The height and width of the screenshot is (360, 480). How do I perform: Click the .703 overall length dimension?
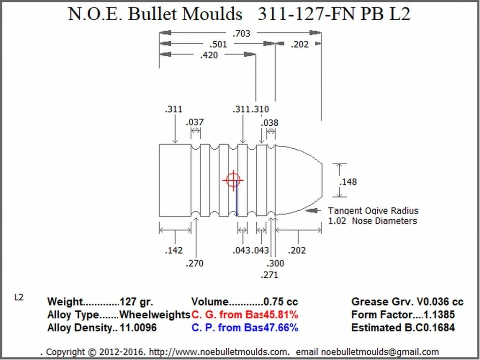pos(241,33)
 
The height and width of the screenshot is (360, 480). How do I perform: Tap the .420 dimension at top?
pos(209,55)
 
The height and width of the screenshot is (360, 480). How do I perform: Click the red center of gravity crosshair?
pos(233,180)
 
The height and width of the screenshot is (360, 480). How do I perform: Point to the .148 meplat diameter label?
pos(349,182)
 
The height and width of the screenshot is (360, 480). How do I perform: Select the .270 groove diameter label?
pos(194,263)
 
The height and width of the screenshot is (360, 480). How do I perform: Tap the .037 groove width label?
pos(195,122)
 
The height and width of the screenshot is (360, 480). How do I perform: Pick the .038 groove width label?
pos(270,123)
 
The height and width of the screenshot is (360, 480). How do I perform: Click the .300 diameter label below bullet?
pos(275,263)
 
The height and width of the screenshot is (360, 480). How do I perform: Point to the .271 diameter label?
pos(269,275)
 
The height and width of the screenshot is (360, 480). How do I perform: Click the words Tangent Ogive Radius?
pos(373,211)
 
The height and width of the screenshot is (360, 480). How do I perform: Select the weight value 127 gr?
pos(136,302)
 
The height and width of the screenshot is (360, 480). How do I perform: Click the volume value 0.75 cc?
pos(281,302)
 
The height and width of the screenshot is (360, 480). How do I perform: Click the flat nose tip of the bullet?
pos(322,180)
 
